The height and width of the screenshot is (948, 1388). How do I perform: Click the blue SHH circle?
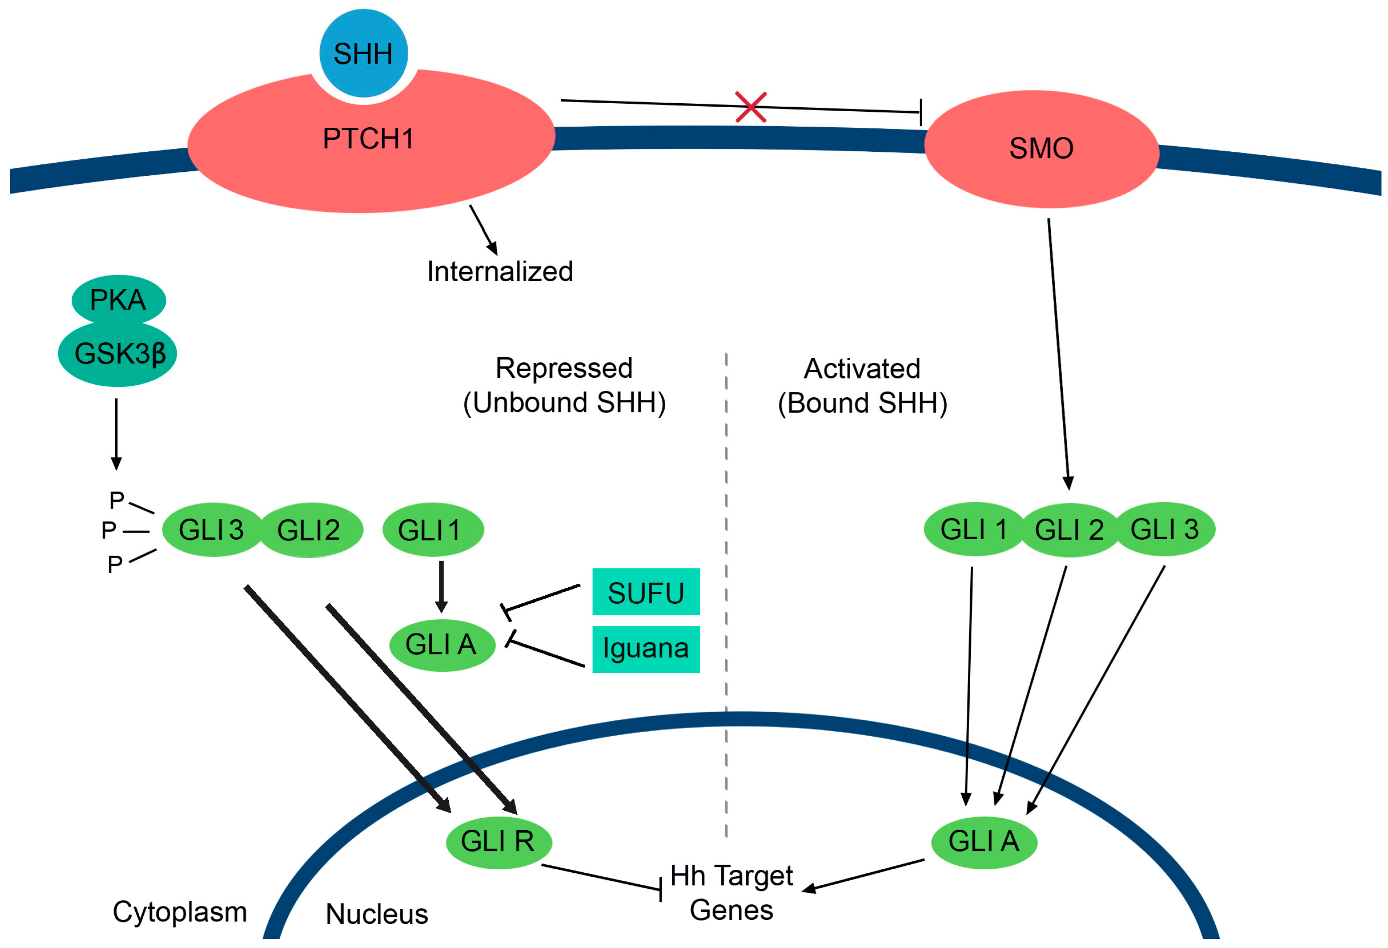click(x=364, y=53)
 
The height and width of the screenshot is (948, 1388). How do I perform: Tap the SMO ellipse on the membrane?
click(x=1041, y=149)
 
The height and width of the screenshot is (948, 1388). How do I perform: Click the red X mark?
click(x=751, y=107)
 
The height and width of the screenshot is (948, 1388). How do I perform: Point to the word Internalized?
click(x=500, y=272)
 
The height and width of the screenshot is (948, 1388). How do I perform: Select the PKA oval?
click(x=118, y=300)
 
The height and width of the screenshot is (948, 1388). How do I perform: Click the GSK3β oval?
click(x=118, y=354)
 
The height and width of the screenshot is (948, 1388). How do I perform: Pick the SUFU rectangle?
click(x=646, y=592)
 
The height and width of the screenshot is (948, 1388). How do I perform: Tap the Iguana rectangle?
click(x=646, y=649)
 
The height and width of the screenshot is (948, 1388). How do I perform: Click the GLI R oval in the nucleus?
click(x=499, y=842)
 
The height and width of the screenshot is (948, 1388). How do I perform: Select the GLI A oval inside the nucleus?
click(x=984, y=842)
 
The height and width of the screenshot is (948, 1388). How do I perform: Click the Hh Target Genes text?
click(x=732, y=893)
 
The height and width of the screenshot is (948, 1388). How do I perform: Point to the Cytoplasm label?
click(x=180, y=912)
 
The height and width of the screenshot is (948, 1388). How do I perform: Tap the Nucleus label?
click(x=377, y=914)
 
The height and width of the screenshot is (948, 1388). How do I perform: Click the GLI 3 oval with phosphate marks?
click(x=212, y=530)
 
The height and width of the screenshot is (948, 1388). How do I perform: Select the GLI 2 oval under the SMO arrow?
click(x=1069, y=530)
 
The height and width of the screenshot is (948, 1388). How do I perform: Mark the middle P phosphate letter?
click(x=109, y=530)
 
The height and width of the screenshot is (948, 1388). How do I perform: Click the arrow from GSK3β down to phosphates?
click(x=117, y=434)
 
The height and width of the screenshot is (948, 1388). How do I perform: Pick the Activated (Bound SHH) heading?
click(x=863, y=386)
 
